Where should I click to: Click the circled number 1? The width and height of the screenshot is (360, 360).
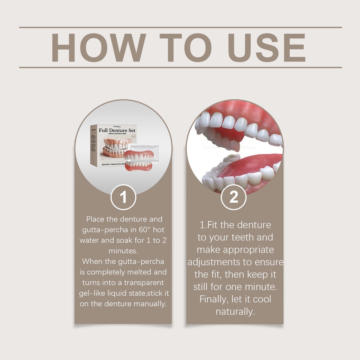pos(123,198)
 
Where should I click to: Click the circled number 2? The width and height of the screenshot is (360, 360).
pos(234,198)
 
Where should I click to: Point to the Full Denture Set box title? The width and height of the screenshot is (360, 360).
pos(117,130)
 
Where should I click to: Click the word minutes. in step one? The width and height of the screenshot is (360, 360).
pos(123,251)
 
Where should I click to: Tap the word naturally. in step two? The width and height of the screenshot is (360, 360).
pos(235,311)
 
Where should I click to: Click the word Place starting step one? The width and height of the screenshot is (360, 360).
pos(95,219)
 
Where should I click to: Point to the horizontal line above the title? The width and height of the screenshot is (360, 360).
pos(180,27)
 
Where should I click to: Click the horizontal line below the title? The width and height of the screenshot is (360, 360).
pos(180,67)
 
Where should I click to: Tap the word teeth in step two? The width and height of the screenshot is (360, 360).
pos(242,237)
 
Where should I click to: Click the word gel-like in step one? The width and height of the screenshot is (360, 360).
pos(92,293)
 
